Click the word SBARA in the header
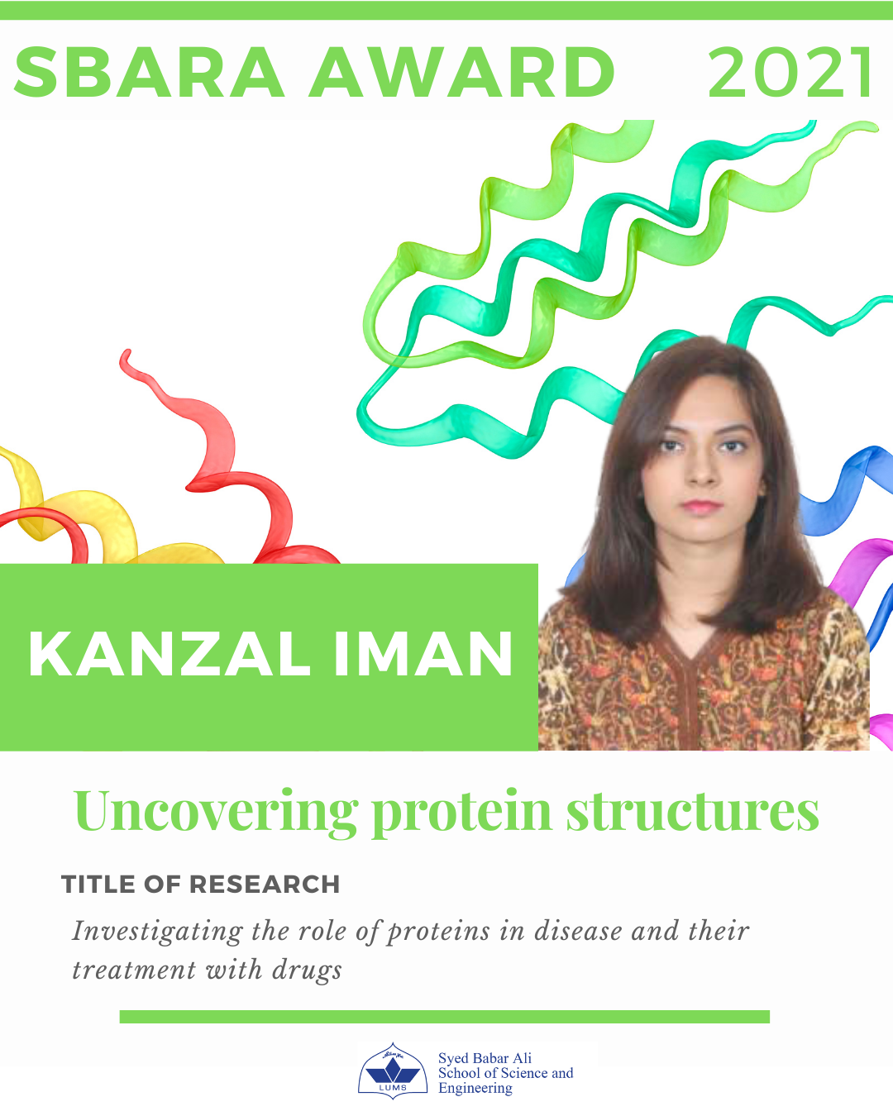pyautogui.click(x=149, y=72)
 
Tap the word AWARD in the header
pyautogui.click(x=462, y=72)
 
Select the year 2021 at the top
pyautogui.click(x=790, y=72)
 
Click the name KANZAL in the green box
pyautogui.click(x=170, y=655)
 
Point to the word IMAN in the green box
pyautogui.click(x=423, y=655)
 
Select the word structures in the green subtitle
pyautogui.click(x=693, y=812)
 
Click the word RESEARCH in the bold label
pyautogui.click(x=264, y=885)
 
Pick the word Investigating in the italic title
pyautogui.click(x=157, y=932)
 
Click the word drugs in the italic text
pyautogui.click(x=308, y=971)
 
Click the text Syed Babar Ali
pyautogui.click(x=485, y=1058)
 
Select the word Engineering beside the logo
pyautogui.click(x=475, y=1088)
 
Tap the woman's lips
pyautogui.click(x=701, y=506)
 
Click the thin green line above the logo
pyautogui.click(x=445, y=1017)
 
